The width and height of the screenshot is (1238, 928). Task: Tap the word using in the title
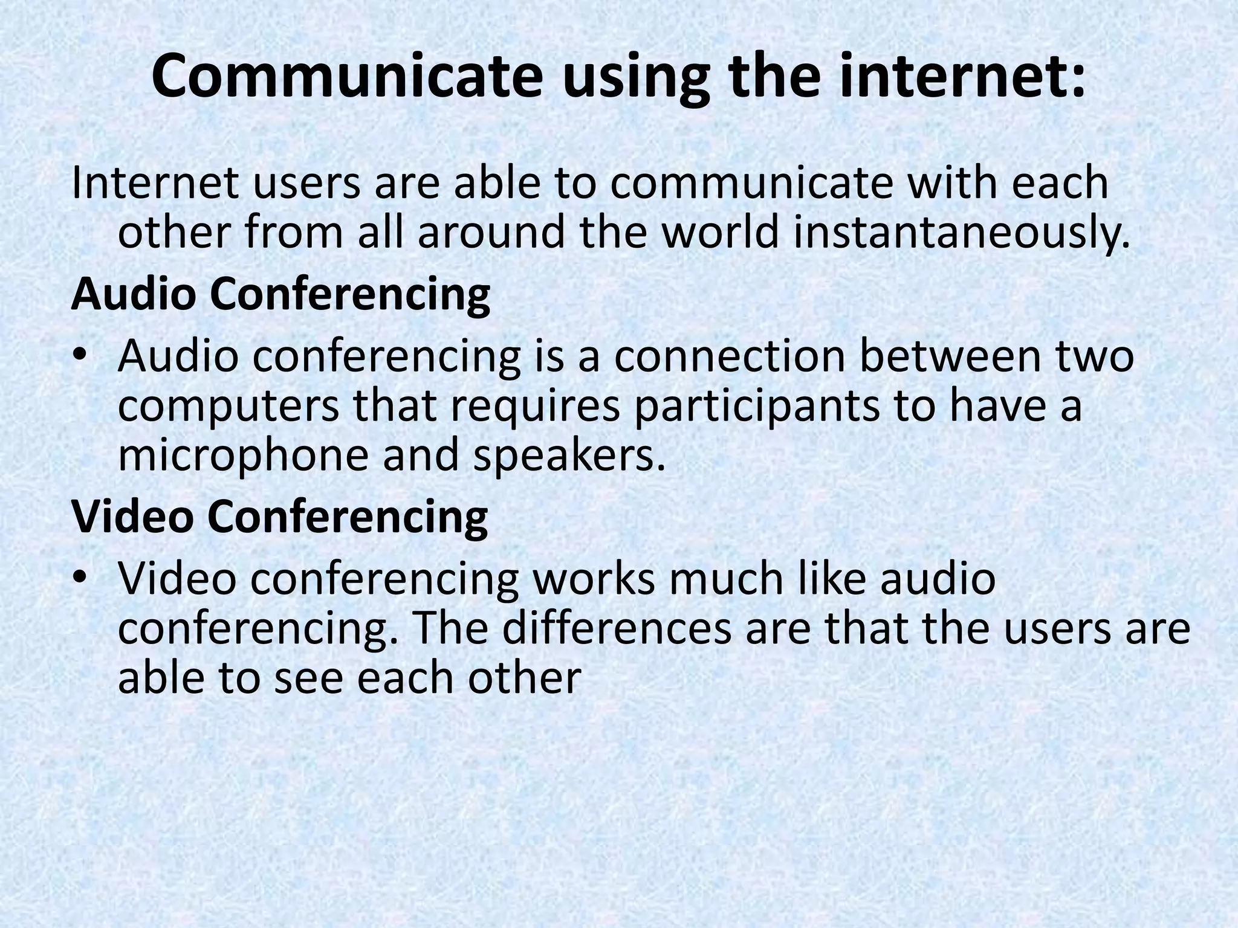(635, 82)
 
